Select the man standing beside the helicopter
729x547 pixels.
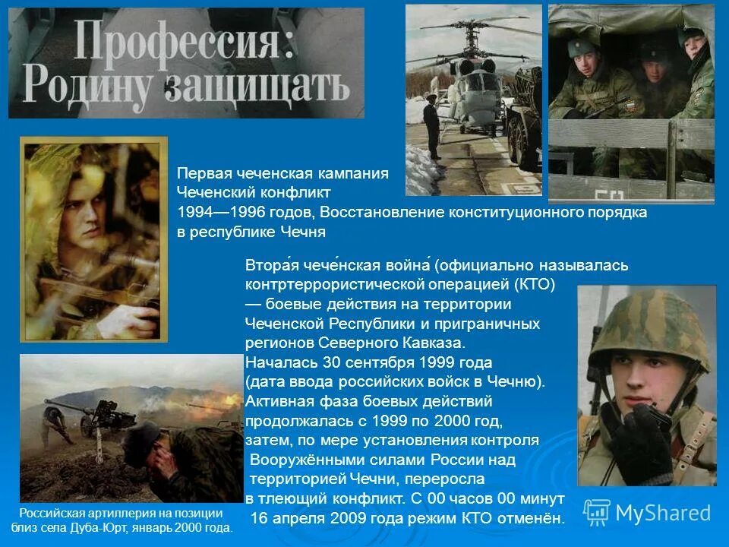tap(433, 125)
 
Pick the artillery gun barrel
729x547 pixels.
tap(68, 406)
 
